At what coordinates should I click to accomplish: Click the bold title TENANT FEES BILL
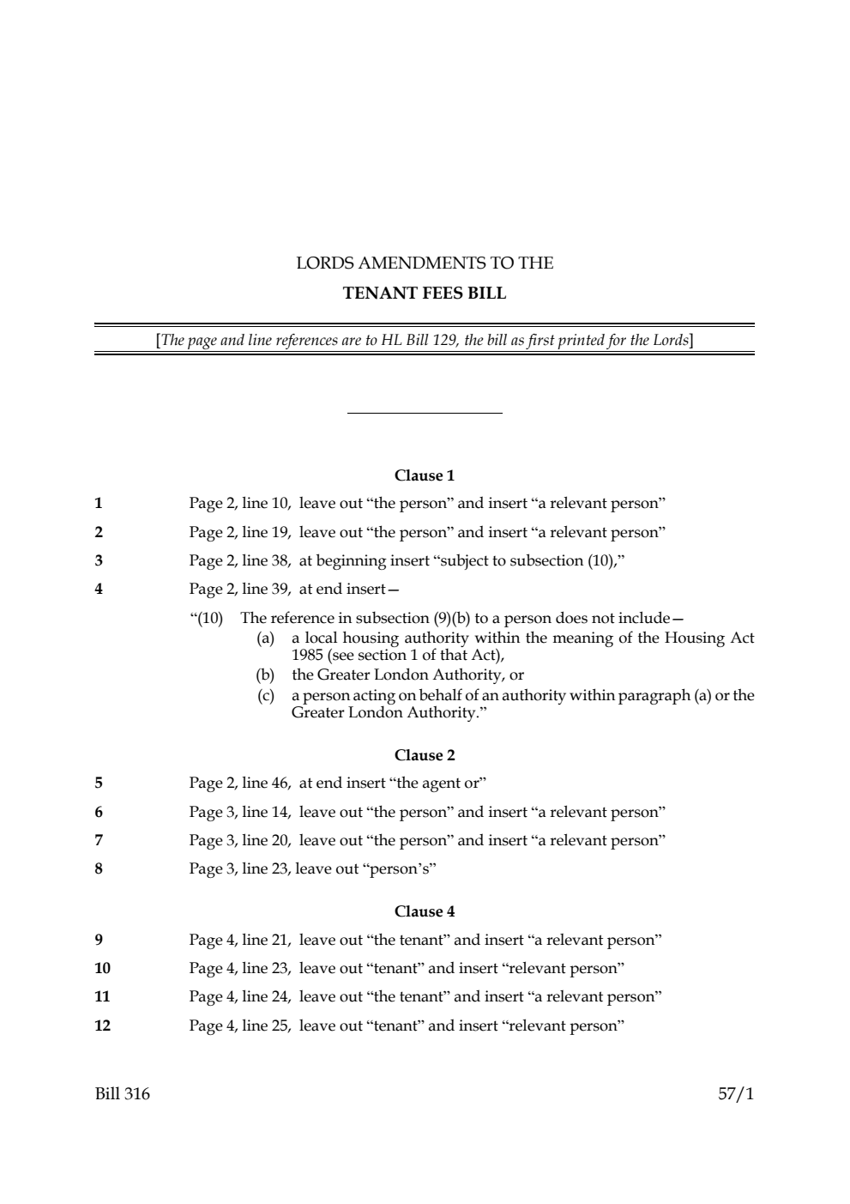[x=425, y=293]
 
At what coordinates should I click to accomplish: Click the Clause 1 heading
[x=425, y=475]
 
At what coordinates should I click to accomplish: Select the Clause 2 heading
[x=425, y=755]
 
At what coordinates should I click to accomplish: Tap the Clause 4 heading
[x=425, y=911]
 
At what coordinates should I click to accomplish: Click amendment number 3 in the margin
[x=99, y=561]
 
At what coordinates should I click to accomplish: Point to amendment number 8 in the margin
[x=99, y=868]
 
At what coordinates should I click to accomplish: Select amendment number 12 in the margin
[x=102, y=1026]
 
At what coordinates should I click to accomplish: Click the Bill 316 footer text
[x=122, y=1094]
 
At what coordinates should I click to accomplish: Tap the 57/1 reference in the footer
[x=736, y=1094]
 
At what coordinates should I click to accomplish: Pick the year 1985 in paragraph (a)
[x=307, y=655]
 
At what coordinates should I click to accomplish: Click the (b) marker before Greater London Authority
[x=266, y=675]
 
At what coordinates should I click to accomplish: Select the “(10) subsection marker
[x=206, y=619]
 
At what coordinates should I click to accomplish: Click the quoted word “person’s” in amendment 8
[x=401, y=868]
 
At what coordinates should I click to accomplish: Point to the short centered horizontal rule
[x=425, y=414]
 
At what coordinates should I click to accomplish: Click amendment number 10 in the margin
[x=102, y=968]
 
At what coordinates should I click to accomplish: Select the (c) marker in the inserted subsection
[x=266, y=696]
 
